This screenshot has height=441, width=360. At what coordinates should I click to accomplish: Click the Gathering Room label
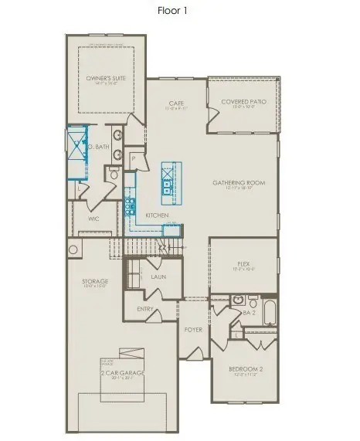(239, 183)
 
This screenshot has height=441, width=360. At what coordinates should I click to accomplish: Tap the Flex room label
(243, 264)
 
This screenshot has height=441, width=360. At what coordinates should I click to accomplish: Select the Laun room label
(159, 276)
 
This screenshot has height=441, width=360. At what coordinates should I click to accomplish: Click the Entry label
(145, 310)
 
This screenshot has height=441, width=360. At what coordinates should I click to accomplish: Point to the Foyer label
(193, 330)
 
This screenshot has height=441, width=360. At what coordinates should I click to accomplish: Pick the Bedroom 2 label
(246, 369)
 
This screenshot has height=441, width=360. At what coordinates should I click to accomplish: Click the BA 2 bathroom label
(249, 314)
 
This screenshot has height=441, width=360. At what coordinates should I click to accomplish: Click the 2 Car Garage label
(121, 375)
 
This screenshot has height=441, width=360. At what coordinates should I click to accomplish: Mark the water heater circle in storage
(74, 249)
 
